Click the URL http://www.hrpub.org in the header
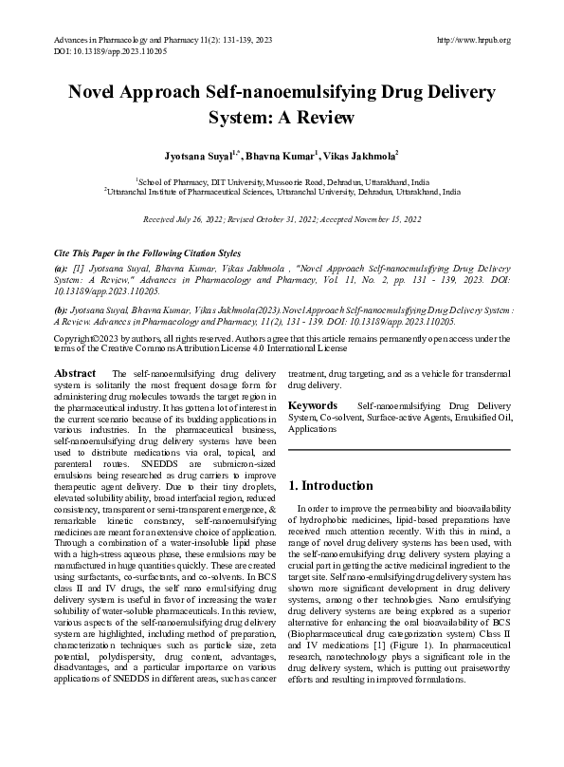(474, 39)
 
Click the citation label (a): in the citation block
(61, 270)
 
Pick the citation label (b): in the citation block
(61, 309)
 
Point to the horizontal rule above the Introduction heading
(399, 449)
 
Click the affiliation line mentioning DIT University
(282, 179)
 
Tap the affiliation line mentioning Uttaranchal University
(282, 191)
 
